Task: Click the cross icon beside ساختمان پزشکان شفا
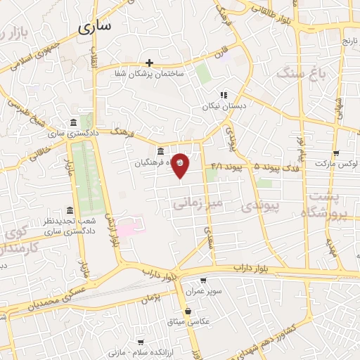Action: [149, 63]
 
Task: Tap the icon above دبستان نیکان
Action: [224, 95]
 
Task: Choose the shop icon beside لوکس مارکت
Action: [335, 153]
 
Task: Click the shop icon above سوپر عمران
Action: [203, 280]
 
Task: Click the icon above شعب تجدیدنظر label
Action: [69, 211]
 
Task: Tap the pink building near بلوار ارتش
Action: [129, 226]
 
